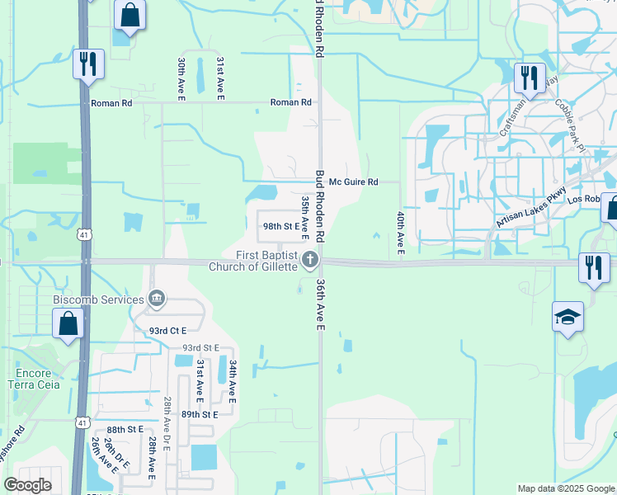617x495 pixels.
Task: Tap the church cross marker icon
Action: [x=310, y=261]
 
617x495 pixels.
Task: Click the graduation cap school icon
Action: [x=568, y=318]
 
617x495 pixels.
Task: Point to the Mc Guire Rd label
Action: [x=353, y=182]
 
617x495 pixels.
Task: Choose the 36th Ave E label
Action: [x=320, y=304]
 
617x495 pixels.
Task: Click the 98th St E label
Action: [x=280, y=226]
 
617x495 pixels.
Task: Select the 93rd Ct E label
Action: [x=168, y=330]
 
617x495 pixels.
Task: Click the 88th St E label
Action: [x=125, y=430]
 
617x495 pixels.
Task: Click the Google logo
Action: [x=27, y=485]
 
